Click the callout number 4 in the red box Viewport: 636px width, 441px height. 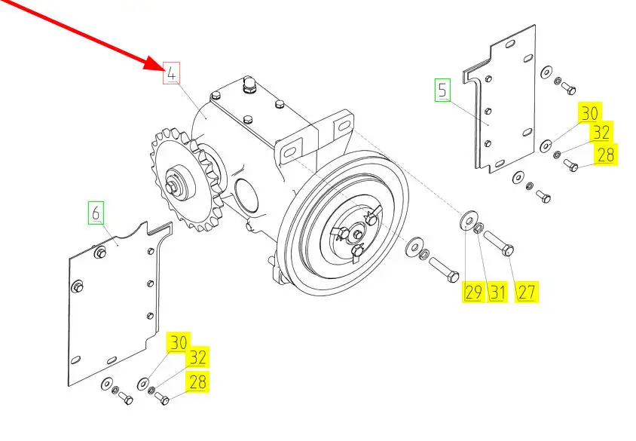tap(172, 73)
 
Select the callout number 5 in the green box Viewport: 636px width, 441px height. tap(442, 90)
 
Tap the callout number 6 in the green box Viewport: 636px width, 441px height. tap(96, 213)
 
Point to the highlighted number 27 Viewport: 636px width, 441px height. tap(526, 292)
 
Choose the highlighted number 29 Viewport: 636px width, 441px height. tap(473, 292)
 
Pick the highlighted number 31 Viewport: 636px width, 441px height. tap(497, 292)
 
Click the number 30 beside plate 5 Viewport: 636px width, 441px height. tap(590, 113)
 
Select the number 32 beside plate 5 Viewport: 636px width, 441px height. tap(601, 132)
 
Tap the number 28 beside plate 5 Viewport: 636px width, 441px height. tap(606, 155)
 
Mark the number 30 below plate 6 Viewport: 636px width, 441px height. tap(179, 342)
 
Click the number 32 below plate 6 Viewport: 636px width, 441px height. tap(197, 357)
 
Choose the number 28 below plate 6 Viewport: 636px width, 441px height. tap(197, 381)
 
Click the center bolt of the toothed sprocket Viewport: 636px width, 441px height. tap(171, 187)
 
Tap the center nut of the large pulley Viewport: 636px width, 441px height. tap(357, 234)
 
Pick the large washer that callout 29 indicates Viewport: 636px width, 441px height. tap(469, 219)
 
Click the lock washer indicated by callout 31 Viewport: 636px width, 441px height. tap(479, 228)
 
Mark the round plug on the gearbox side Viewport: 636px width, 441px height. tap(246, 196)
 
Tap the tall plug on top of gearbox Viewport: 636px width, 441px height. tap(248, 84)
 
